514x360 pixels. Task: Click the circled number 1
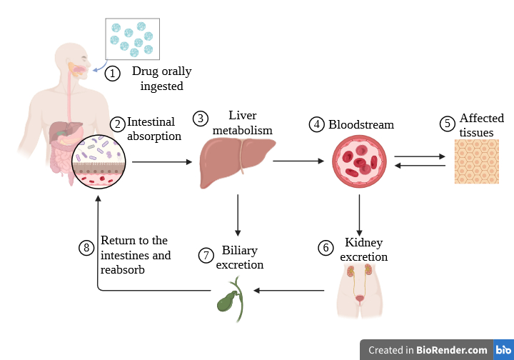pyautogui.click(x=112, y=73)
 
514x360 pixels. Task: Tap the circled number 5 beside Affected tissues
pyautogui.click(x=447, y=124)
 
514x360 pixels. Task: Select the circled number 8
pyautogui.click(x=86, y=248)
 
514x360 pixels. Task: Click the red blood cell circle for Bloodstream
pyautogui.click(x=358, y=162)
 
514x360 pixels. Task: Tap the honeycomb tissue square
pyautogui.click(x=476, y=161)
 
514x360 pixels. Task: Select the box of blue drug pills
pyautogui.click(x=132, y=39)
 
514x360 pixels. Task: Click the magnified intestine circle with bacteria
pyautogui.click(x=99, y=161)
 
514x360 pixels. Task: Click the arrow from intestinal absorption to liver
pyautogui.click(x=162, y=162)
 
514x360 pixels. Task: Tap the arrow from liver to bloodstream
pyautogui.click(x=298, y=161)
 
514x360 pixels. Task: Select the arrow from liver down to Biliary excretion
pyautogui.click(x=238, y=216)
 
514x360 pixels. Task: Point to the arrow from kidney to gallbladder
pyautogui.click(x=290, y=291)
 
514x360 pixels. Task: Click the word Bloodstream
pyautogui.click(x=361, y=124)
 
